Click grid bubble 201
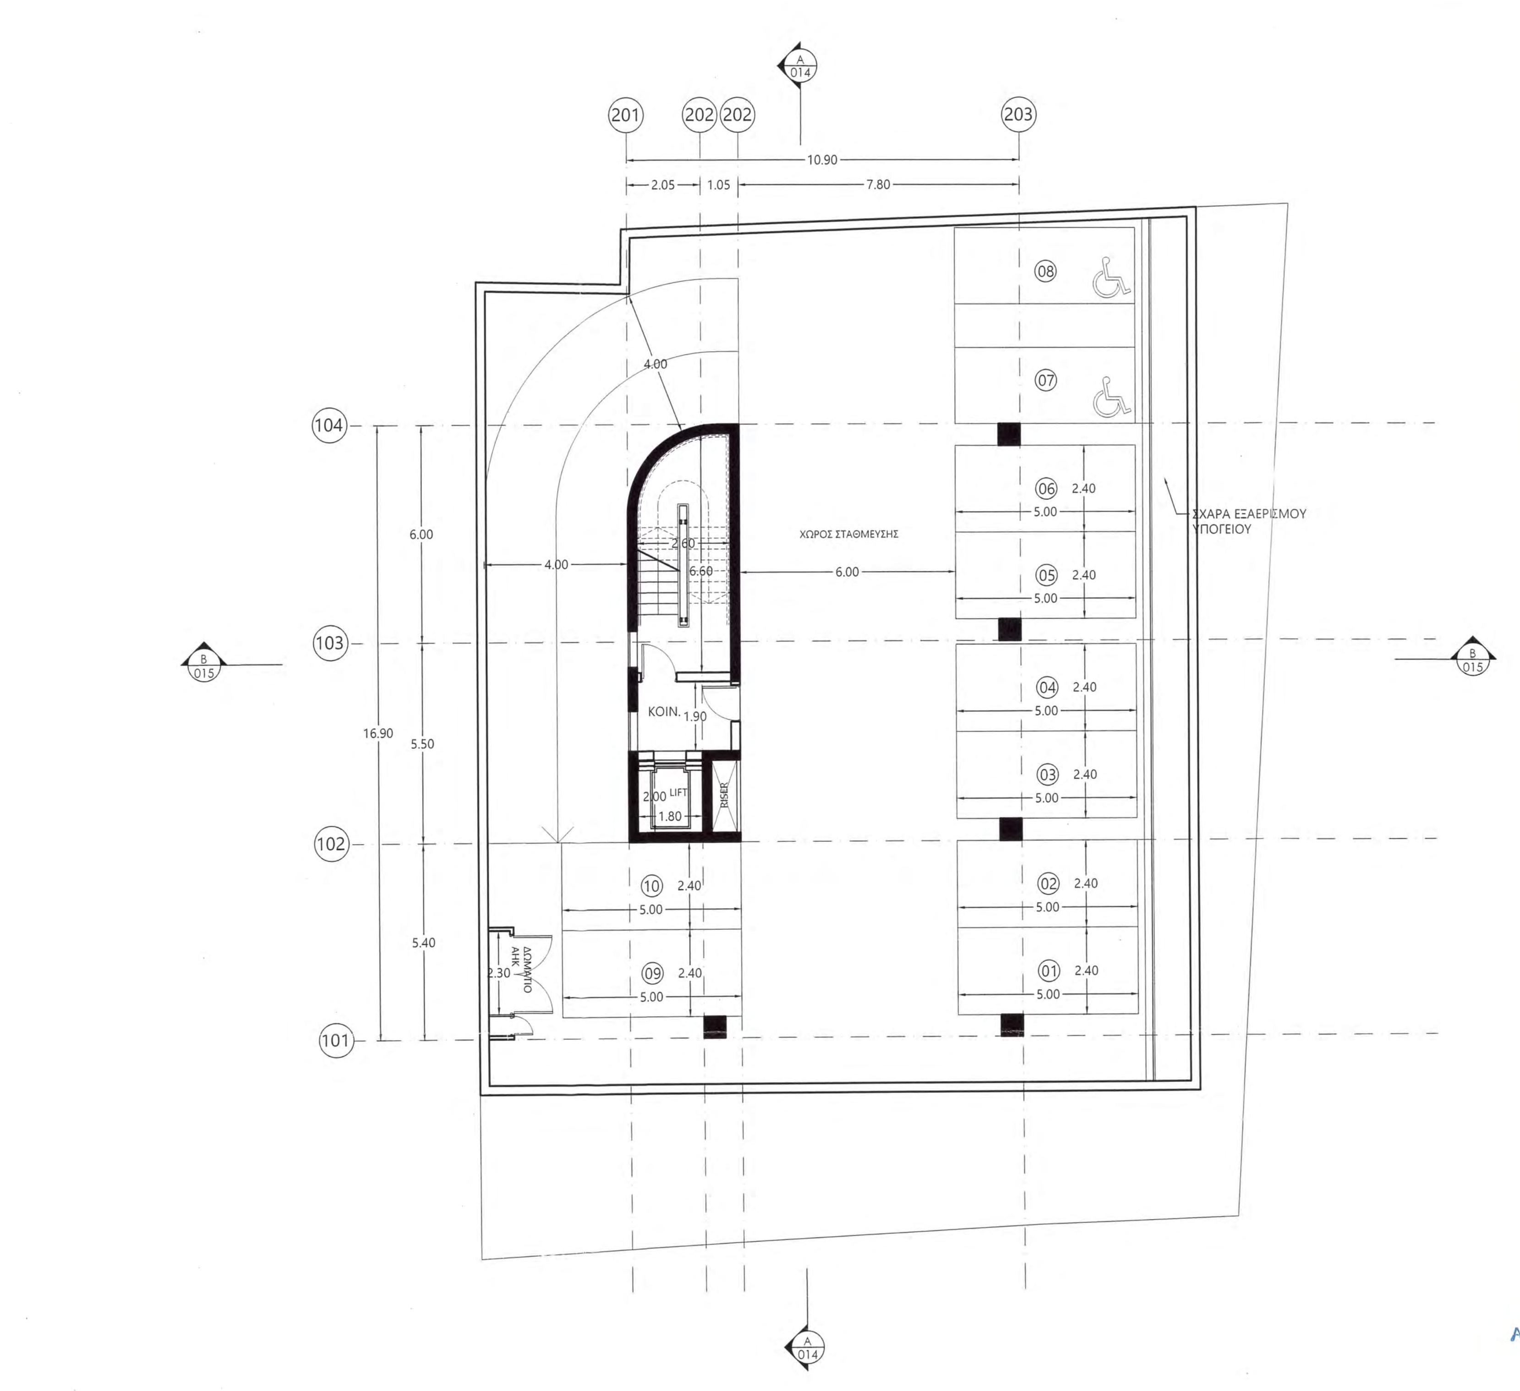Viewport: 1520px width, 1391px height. coord(625,115)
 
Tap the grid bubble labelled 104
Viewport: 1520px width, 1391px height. coord(329,425)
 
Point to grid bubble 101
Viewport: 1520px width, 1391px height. coord(335,1041)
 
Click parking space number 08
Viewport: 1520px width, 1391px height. coord(1045,272)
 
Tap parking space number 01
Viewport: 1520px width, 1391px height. coord(1049,970)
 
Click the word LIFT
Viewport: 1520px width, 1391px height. coord(678,792)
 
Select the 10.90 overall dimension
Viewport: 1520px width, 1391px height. coord(822,160)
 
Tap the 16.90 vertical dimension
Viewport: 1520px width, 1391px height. coord(378,733)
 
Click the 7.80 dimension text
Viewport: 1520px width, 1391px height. coord(878,184)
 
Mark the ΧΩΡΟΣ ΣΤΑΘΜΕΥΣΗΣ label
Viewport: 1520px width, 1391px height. coord(848,534)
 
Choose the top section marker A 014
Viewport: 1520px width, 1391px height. coord(800,66)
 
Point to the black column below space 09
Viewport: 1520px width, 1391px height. coord(714,1027)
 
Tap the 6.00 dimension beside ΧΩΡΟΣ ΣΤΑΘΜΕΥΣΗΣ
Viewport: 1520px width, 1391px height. coord(847,572)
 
